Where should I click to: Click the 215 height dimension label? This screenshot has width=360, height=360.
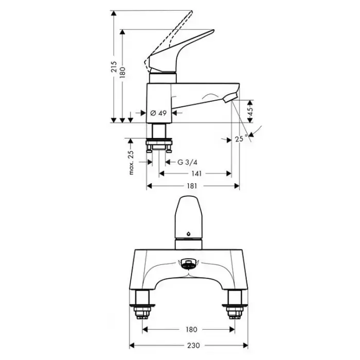click(114, 67)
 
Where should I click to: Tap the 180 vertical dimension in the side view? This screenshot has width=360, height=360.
click(122, 73)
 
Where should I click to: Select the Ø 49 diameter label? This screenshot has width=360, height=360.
click(158, 113)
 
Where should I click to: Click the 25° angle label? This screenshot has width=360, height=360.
click(241, 138)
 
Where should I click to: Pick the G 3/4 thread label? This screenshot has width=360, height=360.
click(187, 163)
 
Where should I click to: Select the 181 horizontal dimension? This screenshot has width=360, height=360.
click(192, 186)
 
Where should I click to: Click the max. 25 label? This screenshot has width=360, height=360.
click(131, 163)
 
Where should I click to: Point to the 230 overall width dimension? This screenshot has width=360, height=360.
click(193, 345)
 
